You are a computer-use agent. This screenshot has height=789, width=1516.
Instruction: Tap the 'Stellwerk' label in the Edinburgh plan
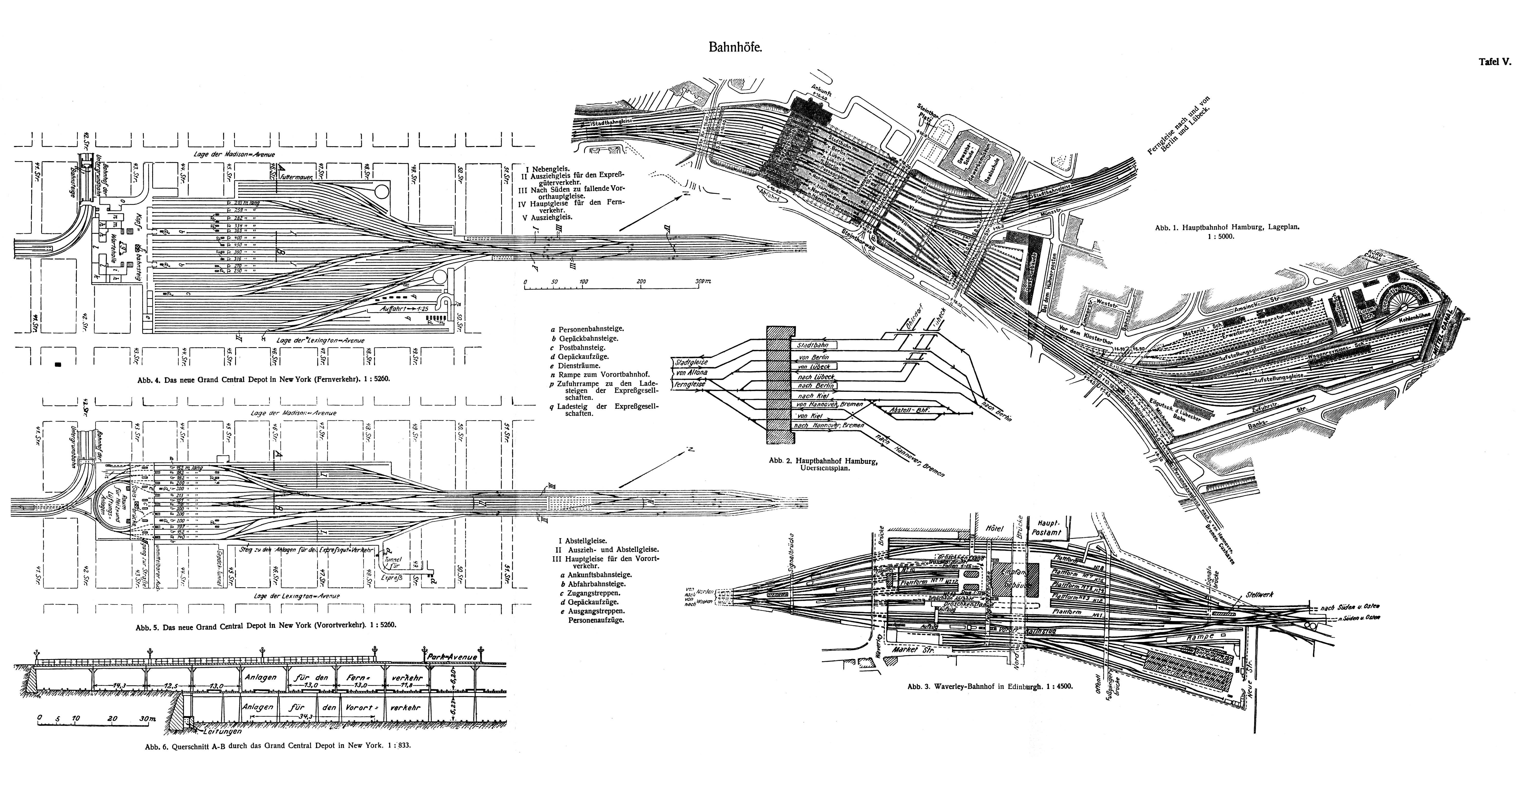(x=1260, y=595)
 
